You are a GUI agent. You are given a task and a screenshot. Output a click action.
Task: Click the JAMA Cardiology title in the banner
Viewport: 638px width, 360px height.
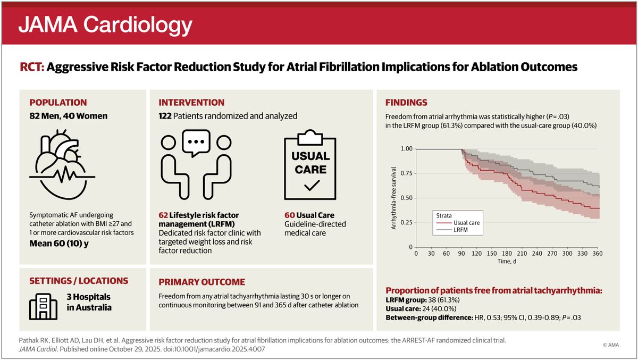tap(105, 24)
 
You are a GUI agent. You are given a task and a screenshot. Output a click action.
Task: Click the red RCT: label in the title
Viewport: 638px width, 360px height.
tap(34, 68)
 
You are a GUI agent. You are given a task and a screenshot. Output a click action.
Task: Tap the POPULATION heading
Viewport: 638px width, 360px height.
tap(58, 103)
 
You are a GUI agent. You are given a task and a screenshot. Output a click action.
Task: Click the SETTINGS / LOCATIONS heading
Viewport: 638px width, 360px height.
tap(79, 281)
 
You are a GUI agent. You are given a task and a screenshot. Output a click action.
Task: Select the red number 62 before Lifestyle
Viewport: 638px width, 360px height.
tap(163, 215)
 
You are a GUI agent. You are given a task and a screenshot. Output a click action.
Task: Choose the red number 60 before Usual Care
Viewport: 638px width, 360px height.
tap(290, 215)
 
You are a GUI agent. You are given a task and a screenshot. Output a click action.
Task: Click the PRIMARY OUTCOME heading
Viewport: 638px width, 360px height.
tap(202, 282)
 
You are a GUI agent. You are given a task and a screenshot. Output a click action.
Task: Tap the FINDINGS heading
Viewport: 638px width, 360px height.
tap(407, 103)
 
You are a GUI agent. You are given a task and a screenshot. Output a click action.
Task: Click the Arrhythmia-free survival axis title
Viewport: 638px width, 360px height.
tap(394, 198)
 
